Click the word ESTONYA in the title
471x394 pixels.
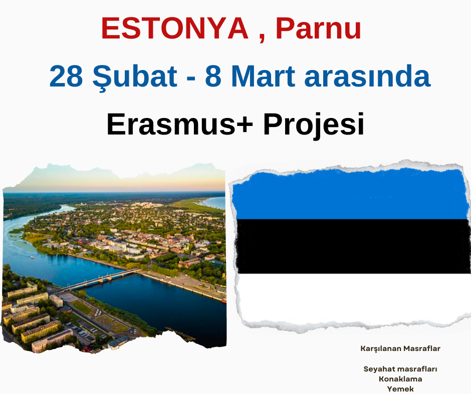[175, 28]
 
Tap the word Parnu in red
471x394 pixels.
[318, 28]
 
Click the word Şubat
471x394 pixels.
[135, 77]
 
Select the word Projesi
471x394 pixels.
[314, 125]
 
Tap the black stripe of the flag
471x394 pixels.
[353, 246]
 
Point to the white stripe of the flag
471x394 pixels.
[353, 298]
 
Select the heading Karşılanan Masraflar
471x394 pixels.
[400, 348]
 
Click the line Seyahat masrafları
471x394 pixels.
[400, 369]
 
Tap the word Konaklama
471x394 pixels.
[400, 379]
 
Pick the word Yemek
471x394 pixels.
[400, 389]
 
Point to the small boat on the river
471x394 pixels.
[32, 257]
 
